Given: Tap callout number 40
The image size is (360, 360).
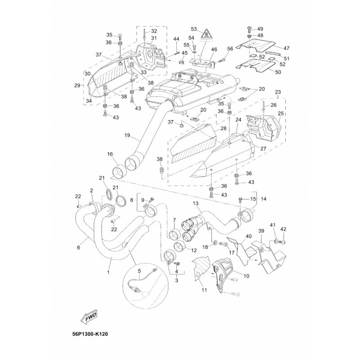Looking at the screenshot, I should coord(248,236).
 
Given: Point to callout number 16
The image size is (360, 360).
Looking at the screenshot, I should coord(110,154).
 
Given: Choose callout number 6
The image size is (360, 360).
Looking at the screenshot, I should coord(79,247).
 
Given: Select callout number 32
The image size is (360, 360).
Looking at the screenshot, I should coord(154,31).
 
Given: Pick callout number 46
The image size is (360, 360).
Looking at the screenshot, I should coord(214,49).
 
